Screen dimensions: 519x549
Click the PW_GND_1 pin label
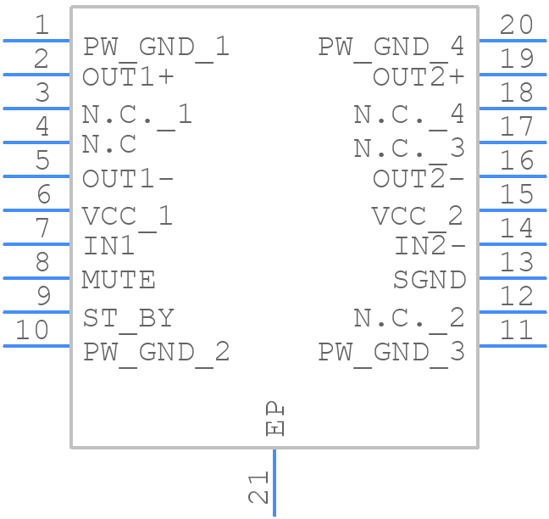tap(156, 47)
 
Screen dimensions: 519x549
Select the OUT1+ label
tap(128, 77)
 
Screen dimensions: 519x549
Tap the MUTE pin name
tap(119, 280)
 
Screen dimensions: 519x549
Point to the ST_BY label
tap(128, 319)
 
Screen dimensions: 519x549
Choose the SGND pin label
tap(430, 280)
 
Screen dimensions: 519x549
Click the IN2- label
tap(430, 247)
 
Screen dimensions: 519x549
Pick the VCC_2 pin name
tap(418, 217)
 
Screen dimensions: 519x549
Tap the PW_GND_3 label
tap(391, 353)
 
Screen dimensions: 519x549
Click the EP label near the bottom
tap(275, 419)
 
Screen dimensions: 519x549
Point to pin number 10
tap(32, 330)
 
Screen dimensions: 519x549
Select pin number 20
tap(517, 25)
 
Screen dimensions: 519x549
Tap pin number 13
tap(517, 263)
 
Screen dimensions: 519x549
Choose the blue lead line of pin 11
tap(512, 345)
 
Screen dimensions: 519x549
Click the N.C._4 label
tap(408, 114)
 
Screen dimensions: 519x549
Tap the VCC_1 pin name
tap(127, 217)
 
